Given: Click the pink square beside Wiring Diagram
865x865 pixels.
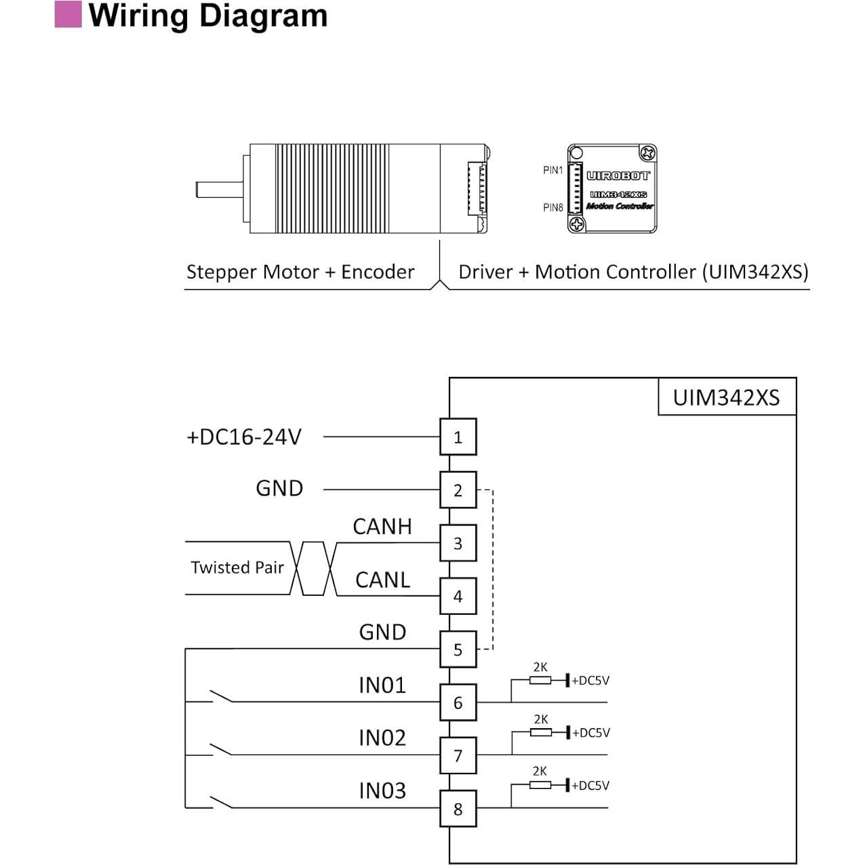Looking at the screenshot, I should (x=68, y=14).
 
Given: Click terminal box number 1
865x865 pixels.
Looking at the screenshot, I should (x=458, y=437).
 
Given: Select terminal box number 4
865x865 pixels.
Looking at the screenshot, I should (x=458, y=597).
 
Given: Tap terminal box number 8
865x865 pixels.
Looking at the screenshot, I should (x=458, y=809).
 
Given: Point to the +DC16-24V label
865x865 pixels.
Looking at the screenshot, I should (x=244, y=437).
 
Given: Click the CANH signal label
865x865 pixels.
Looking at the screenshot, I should (x=382, y=527).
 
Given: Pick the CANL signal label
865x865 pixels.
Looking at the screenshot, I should (x=382, y=580).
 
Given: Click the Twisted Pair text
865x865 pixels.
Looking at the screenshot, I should (x=237, y=567).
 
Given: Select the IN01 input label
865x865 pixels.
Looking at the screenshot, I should (x=382, y=685).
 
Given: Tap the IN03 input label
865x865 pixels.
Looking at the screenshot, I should (x=382, y=790).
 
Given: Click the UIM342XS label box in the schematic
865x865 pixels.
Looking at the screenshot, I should (x=726, y=397).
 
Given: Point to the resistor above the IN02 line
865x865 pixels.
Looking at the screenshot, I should (x=540, y=732).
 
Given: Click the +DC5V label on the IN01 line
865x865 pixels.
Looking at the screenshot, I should (x=590, y=681).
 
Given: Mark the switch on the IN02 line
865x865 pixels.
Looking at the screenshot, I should (x=221, y=749).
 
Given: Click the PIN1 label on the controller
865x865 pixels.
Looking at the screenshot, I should (x=552, y=170).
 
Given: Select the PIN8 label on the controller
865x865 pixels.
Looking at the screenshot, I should (x=552, y=207).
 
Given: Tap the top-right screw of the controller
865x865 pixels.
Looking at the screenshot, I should (x=647, y=153).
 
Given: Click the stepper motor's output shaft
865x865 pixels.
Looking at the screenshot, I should (x=219, y=189).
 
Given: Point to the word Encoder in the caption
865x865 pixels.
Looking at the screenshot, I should (x=378, y=272).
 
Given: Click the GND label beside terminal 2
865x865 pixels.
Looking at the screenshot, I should (x=279, y=488).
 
